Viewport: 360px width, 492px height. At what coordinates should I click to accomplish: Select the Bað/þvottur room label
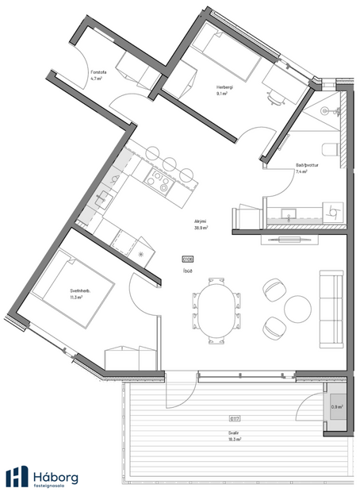(306, 169)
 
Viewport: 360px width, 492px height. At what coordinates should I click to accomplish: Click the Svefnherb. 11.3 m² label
(56, 294)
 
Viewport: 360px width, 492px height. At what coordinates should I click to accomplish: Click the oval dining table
(216, 309)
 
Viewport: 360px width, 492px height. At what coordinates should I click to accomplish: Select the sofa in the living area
(331, 309)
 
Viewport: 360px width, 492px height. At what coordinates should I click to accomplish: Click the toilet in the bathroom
(333, 149)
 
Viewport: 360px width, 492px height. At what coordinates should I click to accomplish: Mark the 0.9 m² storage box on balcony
(336, 410)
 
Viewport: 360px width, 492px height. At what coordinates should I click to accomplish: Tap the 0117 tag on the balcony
(235, 417)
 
